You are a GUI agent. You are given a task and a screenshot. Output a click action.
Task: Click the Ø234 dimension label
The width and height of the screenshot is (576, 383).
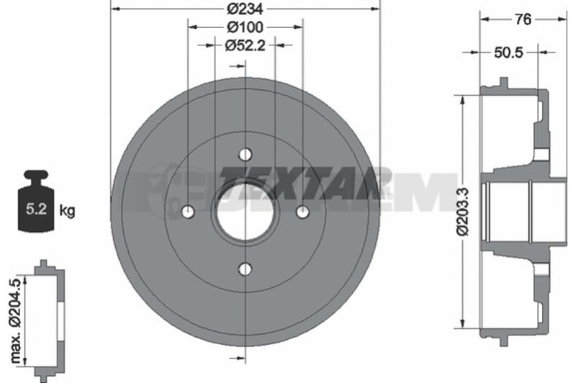click(x=245, y=9)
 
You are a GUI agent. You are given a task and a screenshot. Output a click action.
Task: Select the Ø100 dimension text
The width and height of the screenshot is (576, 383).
click(x=245, y=27)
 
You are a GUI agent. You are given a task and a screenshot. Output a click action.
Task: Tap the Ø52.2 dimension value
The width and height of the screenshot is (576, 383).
click(x=245, y=45)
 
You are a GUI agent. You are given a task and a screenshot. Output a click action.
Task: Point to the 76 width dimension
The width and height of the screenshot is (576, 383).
click(x=523, y=19)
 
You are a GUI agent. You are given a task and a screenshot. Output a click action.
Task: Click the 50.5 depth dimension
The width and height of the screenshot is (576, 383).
click(x=508, y=53)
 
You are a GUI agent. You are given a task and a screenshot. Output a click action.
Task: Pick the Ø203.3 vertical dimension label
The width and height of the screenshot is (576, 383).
click(x=462, y=211)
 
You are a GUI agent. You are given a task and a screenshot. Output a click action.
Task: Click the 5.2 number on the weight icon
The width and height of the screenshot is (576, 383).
click(x=36, y=209)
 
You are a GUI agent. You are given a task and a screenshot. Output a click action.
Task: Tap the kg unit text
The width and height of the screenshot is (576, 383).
click(x=67, y=211)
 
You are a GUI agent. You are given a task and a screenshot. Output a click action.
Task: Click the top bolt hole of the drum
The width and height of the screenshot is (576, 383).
click(x=245, y=154)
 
